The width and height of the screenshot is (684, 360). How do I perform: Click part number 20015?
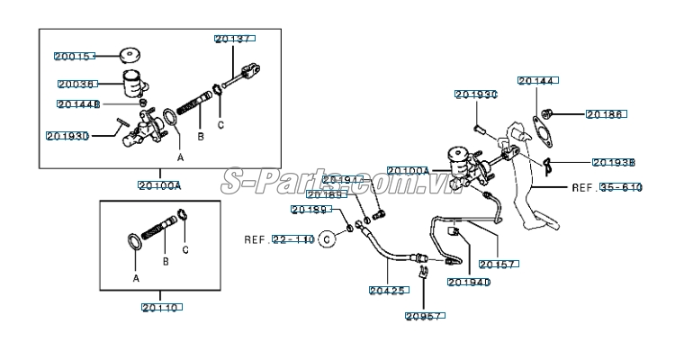(x=74, y=56)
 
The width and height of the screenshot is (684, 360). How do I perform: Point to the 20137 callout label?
(x=235, y=39)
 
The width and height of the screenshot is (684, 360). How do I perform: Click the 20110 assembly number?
(x=161, y=308)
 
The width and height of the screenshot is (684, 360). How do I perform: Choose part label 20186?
(x=606, y=114)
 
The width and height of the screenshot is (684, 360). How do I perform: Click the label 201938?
(x=615, y=163)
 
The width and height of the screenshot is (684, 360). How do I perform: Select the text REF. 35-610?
(x=607, y=188)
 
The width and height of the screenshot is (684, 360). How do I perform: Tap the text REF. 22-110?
(x=279, y=240)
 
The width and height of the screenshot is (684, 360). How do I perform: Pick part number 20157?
(x=497, y=265)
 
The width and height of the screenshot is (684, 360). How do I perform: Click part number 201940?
(x=468, y=282)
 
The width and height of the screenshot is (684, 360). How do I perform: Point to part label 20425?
(x=388, y=290)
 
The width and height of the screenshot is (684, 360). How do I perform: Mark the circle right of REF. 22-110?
(x=328, y=239)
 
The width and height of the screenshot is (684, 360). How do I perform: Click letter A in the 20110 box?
(x=137, y=279)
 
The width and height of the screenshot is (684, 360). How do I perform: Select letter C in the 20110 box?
(x=185, y=248)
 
